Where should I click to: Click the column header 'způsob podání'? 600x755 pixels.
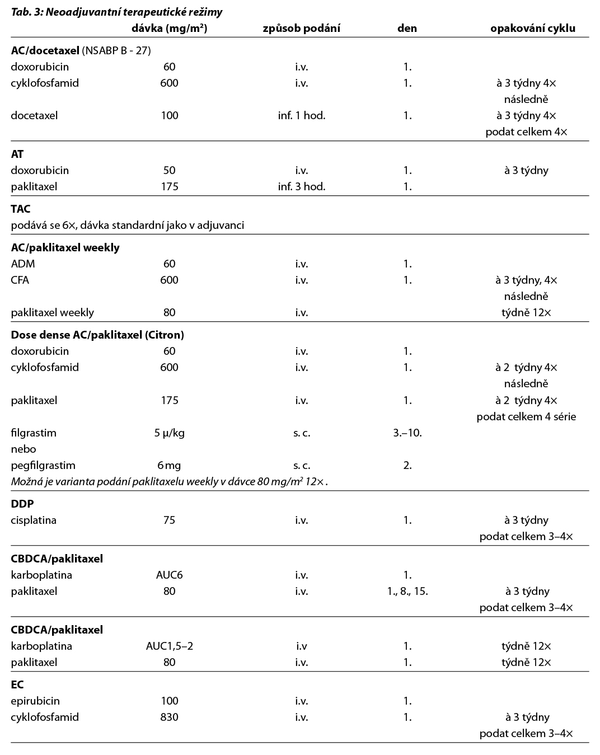pos(301,28)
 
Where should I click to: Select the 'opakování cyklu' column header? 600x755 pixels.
pos(532,28)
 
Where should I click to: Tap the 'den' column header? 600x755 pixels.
pos(407,28)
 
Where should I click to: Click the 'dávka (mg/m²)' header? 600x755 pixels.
pos(169,28)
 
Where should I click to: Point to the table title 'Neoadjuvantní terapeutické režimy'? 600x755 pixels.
pos(116,12)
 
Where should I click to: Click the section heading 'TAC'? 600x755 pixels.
pos(21,209)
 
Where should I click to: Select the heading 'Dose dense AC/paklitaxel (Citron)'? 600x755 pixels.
pos(97,335)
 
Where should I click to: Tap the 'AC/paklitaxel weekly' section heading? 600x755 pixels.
pos(65,247)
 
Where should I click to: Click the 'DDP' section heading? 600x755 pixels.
pos(22,504)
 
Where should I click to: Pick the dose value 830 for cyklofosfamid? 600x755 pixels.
pos(169,717)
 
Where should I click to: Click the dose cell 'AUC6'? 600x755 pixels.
pos(169,575)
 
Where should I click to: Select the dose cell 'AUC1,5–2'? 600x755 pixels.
pos(169,646)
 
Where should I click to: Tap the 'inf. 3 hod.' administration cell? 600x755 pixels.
pos(301,186)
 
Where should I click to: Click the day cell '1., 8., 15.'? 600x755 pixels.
pos(404,591)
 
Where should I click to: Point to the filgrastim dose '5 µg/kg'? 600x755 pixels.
pos(169,433)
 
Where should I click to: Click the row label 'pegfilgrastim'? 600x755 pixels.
pos(43,465)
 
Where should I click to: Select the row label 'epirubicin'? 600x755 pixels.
pos(35,701)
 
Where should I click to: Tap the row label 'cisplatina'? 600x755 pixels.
pos(34,520)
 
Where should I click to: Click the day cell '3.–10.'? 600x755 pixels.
pos(407,433)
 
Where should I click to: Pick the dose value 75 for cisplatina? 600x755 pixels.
pos(169,520)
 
